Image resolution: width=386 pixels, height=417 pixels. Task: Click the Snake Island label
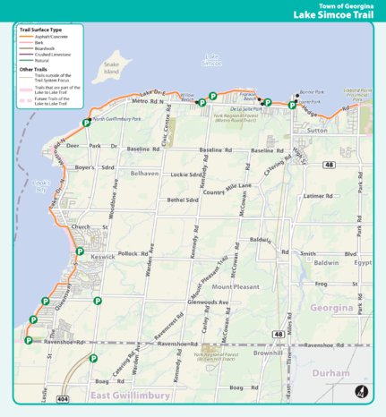coord(111,68)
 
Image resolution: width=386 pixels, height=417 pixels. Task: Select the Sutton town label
coord(317,131)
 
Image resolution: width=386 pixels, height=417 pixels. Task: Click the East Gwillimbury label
coord(124,395)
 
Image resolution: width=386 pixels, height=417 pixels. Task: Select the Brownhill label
coord(267,353)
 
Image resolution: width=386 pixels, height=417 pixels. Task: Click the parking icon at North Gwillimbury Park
coord(86,123)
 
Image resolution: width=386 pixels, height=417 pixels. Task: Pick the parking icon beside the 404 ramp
coord(93,358)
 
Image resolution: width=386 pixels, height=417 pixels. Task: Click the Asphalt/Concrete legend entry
coord(45,36)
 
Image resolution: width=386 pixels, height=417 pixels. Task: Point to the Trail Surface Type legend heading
coord(41,30)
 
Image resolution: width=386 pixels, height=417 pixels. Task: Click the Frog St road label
coord(323,283)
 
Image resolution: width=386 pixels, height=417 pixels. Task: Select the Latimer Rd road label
coord(317,195)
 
